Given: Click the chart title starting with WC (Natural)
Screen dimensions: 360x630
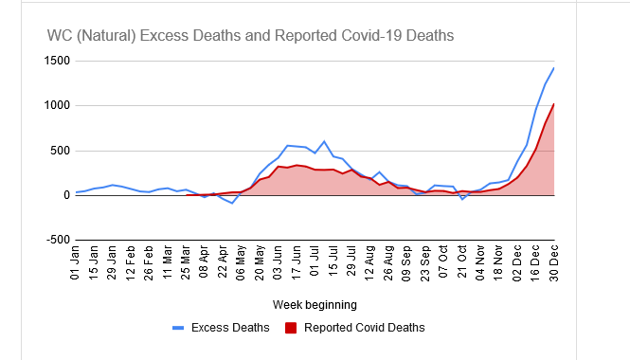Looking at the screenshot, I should (x=250, y=35).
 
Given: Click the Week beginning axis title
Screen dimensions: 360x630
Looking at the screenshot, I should (x=315, y=305).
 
